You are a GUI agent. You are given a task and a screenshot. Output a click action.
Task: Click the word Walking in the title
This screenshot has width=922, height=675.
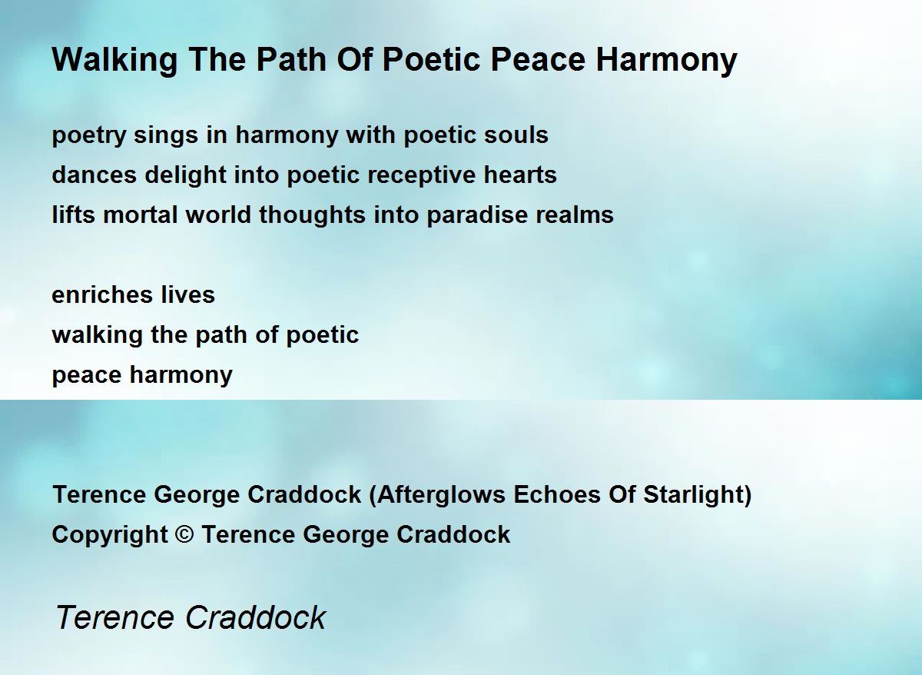click(114, 61)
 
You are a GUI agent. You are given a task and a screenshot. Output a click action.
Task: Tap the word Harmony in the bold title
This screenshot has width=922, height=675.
click(666, 61)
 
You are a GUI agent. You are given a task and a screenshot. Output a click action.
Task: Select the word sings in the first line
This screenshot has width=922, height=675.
click(165, 136)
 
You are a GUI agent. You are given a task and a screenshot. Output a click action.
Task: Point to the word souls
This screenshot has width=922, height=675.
click(516, 135)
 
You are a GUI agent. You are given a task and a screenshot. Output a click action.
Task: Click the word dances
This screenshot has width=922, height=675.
click(95, 175)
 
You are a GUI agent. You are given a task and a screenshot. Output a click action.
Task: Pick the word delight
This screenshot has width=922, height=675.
click(185, 175)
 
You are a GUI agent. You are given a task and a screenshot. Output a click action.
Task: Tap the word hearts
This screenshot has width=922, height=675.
click(520, 175)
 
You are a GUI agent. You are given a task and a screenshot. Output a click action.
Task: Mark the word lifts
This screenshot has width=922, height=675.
click(73, 214)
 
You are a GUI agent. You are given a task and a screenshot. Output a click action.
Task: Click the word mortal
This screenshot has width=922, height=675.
click(141, 214)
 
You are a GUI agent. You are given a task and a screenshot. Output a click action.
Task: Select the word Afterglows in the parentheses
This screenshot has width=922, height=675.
click(441, 495)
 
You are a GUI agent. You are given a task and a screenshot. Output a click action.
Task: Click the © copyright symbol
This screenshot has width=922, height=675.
click(184, 534)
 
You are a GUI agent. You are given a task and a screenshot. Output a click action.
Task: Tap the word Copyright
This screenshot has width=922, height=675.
click(109, 535)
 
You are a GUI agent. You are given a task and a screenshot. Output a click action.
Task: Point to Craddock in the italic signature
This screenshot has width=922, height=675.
click(256, 617)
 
